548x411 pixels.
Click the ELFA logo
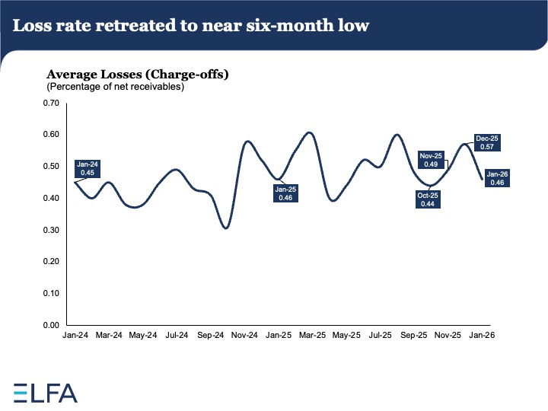(x=45, y=392)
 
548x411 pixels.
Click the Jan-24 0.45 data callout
(x=87, y=168)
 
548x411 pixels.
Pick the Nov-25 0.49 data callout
(x=431, y=159)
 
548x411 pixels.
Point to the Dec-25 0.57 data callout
(x=486, y=142)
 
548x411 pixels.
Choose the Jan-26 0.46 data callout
(x=499, y=178)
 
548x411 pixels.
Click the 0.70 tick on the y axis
(x=49, y=103)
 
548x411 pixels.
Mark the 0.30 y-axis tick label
(x=49, y=230)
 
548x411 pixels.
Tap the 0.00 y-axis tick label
(x=49, y=325)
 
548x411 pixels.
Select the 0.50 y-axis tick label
(x=49, y=166)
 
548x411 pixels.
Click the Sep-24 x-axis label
(x=210, y=334)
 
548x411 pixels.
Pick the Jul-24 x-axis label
(x=177, y=334)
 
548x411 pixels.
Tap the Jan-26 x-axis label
(x=479, y=334)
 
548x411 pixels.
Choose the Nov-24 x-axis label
(x=244, y=334)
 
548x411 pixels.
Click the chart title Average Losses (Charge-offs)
(x=138, y=75)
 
